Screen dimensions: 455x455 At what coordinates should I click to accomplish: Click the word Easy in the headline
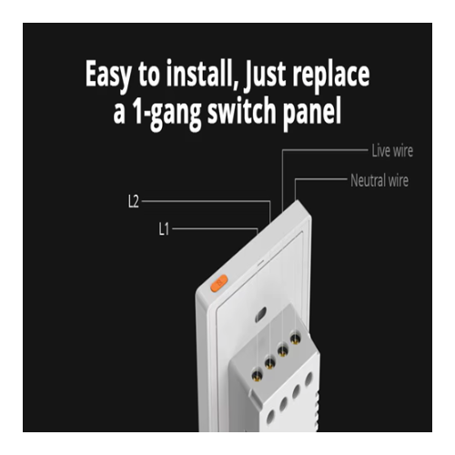108,75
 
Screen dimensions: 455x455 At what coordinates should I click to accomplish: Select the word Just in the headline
265,75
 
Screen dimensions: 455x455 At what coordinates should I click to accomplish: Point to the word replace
331,76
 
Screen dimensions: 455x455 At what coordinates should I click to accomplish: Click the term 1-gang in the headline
166,112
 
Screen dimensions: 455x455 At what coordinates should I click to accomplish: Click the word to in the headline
148,76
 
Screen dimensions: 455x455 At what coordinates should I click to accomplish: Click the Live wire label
392,151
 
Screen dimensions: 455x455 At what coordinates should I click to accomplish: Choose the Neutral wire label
379,180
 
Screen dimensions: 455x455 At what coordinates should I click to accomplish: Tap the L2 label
133,201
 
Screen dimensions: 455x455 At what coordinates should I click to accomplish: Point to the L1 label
164,229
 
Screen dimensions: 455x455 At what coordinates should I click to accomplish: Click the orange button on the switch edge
219,283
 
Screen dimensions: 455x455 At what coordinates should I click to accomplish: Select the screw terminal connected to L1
257,375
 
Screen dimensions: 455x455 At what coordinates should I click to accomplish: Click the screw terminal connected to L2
269,362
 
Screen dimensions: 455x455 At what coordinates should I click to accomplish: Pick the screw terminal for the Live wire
283,350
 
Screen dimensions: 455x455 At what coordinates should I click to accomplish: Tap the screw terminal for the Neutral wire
295,339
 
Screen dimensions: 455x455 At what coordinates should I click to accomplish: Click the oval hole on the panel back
260,314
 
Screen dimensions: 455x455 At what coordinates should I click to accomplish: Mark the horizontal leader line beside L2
206,201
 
